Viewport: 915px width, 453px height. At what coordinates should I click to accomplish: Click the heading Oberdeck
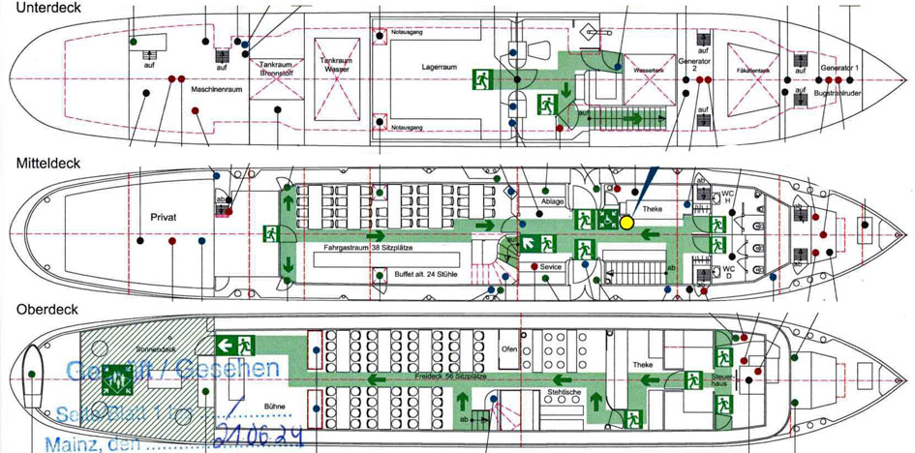pyautogui.click(x=41, y=309)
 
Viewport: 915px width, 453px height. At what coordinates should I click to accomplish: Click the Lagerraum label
pyautogui.click(x=439, y=68)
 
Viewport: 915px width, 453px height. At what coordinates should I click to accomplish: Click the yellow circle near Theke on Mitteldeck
pyautogui.click(x=626, y=221)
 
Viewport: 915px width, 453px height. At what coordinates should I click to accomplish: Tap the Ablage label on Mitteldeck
pyautogui.click(x=553, y=201)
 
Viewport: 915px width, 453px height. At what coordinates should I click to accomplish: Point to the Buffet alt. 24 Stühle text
pyautogui.click(x=426, y=274)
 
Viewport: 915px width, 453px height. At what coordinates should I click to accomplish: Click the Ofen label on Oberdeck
pyautogui.click(x=509, y=348)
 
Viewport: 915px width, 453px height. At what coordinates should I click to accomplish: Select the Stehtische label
pyautogui.click(x=564, y=391)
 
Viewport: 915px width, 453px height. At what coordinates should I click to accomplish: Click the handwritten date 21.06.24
pyautogui.click(x=259, y=433)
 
